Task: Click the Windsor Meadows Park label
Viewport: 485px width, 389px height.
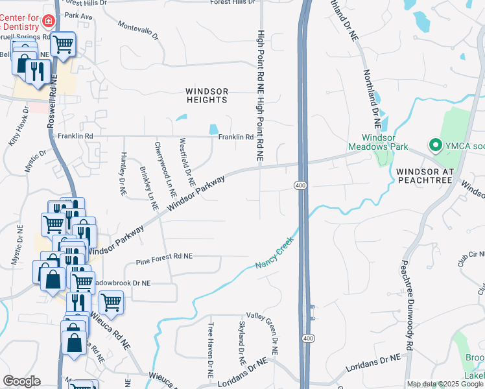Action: click(x=370, y=142)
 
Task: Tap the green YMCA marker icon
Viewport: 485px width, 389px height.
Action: click(x=435, y=145)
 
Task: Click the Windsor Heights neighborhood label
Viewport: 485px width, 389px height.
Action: click(x=207, y=95)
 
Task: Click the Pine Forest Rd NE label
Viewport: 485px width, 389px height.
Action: click(x=165, y=263)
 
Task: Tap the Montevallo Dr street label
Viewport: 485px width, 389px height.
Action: click(x=138, y=29)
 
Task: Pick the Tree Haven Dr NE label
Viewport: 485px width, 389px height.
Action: click(x=211, y=351)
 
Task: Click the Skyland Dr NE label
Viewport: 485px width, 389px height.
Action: click(x=241, y=342)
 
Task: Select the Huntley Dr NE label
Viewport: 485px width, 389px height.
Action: click(x=122, y=174)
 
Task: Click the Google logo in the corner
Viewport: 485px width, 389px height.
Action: click(x=21, y=381)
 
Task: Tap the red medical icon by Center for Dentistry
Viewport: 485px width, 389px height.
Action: click(x=47, y=22)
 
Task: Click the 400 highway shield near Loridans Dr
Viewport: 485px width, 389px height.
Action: click(x=307, y=338)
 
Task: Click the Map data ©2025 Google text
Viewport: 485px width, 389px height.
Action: click(x=444, y=384)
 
